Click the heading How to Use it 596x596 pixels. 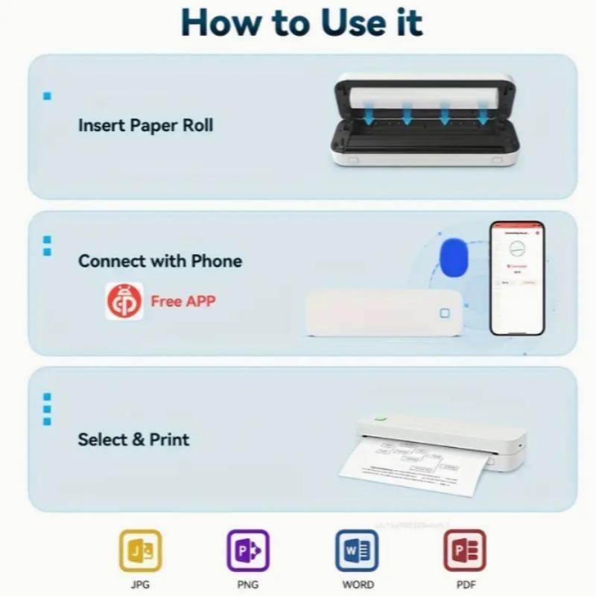[301, 23]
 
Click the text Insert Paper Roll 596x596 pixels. [145, 125]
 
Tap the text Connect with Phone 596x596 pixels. [160, 261]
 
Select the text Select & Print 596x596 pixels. [133, 440]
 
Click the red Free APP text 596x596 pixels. [183, 302]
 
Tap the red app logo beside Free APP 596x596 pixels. [124, 302]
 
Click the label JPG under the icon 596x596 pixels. [140, 585]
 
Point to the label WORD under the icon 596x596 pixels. [358, 585]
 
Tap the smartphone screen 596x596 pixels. [517, 277]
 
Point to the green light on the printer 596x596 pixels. [381, 419]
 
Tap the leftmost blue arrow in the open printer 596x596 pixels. [370, 114]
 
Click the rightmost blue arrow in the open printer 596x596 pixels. [483, 114]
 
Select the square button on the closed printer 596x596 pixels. [445, 314]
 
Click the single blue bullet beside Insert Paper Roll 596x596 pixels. [47, 96]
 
